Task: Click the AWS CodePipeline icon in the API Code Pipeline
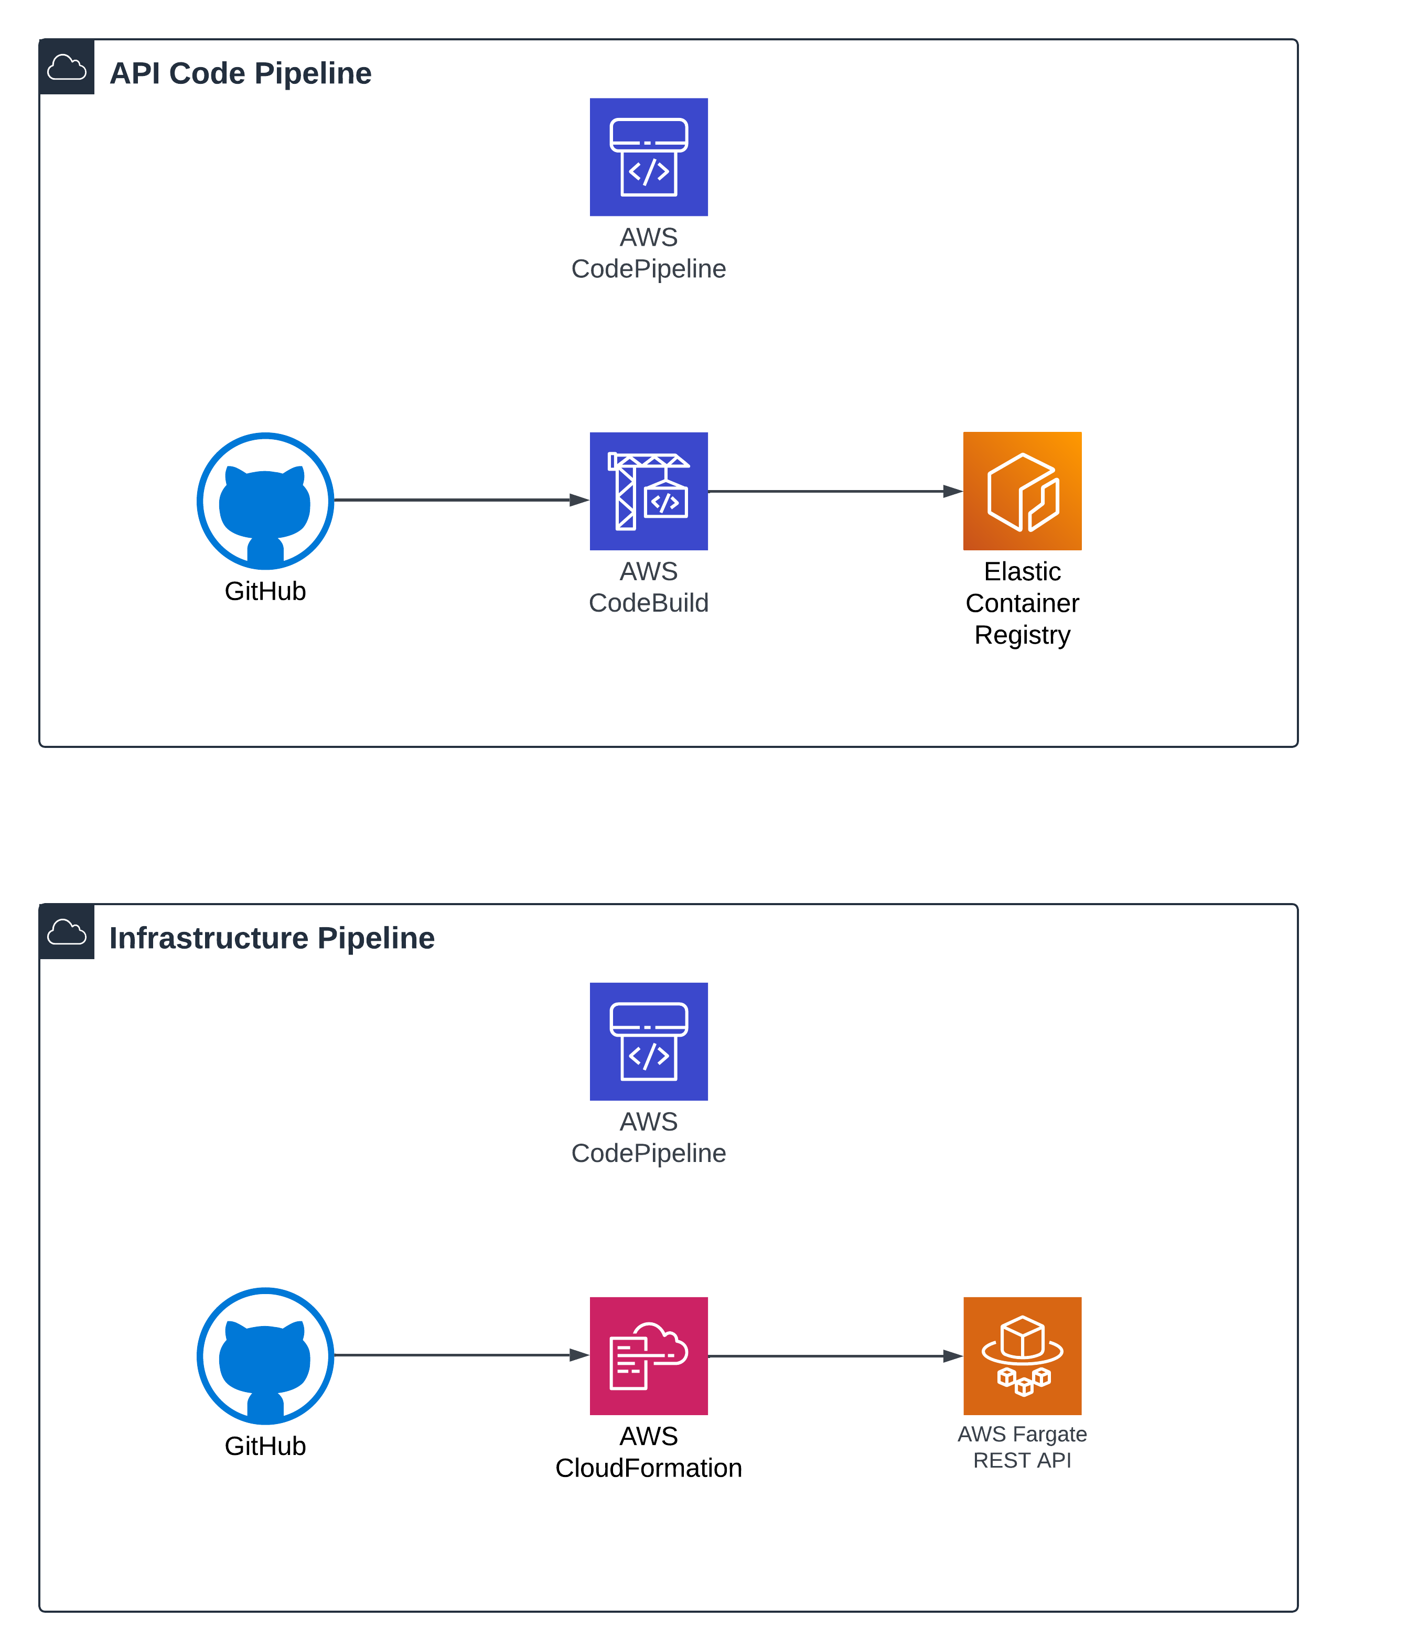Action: click(648, 157)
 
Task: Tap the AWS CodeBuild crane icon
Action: click(648, 491)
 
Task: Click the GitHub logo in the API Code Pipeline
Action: click(265, 501)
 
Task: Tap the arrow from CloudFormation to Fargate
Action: click(833, 1355)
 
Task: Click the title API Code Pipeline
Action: click(240, 73)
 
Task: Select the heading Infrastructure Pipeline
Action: click(271, 938)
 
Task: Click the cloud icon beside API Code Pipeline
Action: click(67, 67)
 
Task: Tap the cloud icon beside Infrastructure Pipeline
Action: click(67, 931)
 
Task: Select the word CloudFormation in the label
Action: click(648, 1468)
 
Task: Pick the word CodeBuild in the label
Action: click(648, 603)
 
